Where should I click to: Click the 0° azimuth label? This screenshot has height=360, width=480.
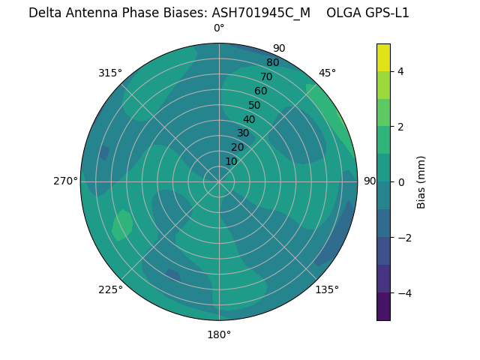[219, 28]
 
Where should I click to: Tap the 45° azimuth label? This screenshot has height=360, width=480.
[327, 73]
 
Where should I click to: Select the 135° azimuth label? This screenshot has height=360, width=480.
[327, 289]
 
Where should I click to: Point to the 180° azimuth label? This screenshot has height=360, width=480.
[219, 334]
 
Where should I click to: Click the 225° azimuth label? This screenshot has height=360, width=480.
[110, 289]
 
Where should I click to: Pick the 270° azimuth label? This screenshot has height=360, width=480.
[66, 181]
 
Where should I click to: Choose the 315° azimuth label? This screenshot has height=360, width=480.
[110, 73]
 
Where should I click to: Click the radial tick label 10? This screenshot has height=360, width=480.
[231, 161]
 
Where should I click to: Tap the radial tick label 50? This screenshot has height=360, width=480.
[254, 105]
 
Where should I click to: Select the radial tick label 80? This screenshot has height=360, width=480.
[272, 62]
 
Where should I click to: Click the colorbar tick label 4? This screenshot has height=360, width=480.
[401, 71]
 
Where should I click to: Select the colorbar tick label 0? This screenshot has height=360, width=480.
[401, 182]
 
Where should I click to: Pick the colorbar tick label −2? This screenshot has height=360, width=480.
[404, 238]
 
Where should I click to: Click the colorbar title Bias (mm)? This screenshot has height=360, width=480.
[421, 181]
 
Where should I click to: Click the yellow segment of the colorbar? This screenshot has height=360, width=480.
[383, 58]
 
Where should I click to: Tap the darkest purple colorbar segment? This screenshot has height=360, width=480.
[383, 306]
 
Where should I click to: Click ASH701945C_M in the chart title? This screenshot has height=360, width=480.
[261, 13]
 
